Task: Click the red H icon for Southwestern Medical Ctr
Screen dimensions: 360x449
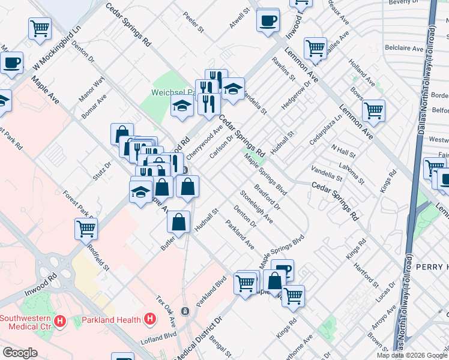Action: point(59,322)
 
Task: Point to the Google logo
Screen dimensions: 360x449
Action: point(20,353)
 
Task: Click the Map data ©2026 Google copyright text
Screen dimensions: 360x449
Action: point(411,355)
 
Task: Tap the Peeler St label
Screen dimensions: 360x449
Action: point(194,23)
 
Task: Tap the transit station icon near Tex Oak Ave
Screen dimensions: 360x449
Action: point(185,311)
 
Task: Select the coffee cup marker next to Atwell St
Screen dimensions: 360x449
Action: point(268,20)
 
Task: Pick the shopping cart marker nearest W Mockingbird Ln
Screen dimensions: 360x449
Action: point(40,28)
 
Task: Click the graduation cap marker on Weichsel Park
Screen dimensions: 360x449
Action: point(181,106)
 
